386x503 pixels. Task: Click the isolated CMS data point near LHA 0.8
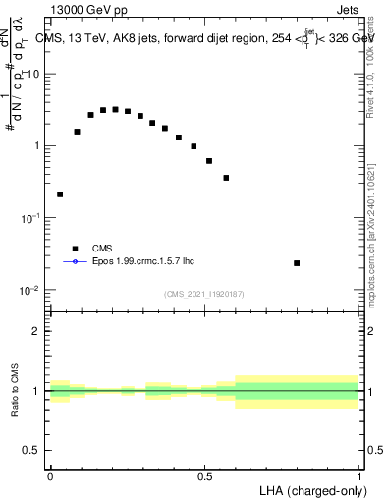coord(297,263)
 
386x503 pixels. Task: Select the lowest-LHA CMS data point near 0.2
coord(61,195)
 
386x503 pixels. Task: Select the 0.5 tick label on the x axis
coord(204,476)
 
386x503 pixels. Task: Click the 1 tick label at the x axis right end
coord(359,476)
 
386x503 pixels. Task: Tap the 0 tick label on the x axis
coord(50,476)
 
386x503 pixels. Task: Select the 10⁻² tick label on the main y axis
coord(30,291)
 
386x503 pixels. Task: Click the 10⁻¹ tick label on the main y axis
coord(30,219)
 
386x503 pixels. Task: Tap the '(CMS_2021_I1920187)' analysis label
coord(204,293)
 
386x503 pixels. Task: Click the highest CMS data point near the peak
coord(115,109)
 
